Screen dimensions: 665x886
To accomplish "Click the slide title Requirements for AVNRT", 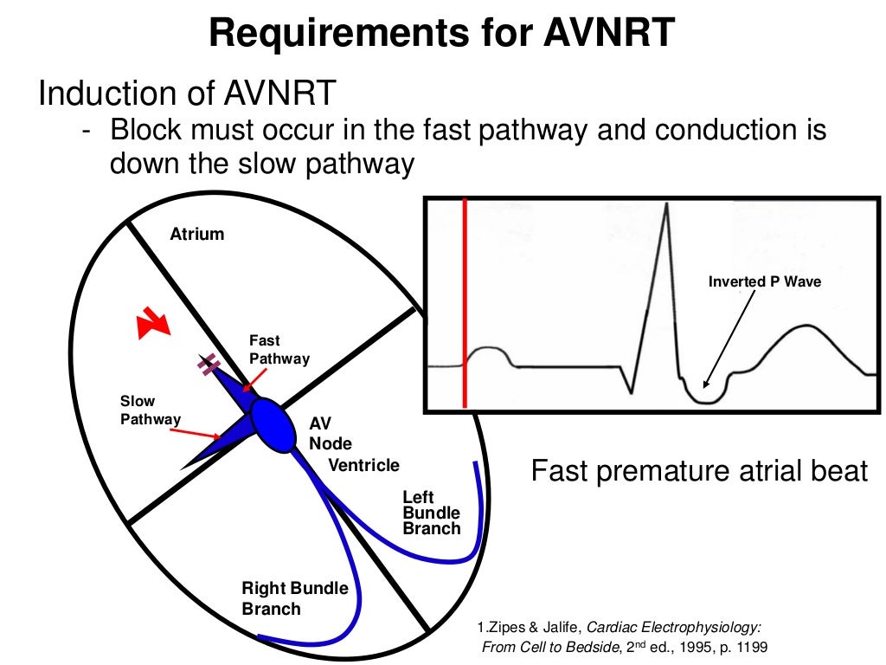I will coord(442,34).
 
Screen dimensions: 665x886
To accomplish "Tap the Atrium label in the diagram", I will coord(196,234).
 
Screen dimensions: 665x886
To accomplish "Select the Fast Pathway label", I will coord(279,350).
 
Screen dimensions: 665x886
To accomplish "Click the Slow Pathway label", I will coord(150,410).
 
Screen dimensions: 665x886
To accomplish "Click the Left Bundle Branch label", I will coord(431,513).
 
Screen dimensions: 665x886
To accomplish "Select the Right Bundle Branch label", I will coord(294,598).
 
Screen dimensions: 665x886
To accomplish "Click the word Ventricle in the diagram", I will coord(363,466).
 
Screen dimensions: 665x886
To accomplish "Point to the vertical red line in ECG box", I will coord(465,303).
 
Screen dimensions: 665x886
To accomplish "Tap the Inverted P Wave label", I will coord(764,282).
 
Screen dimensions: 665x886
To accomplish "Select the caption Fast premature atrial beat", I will coord(697,472).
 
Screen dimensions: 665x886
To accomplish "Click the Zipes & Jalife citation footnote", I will coord(620,637).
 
